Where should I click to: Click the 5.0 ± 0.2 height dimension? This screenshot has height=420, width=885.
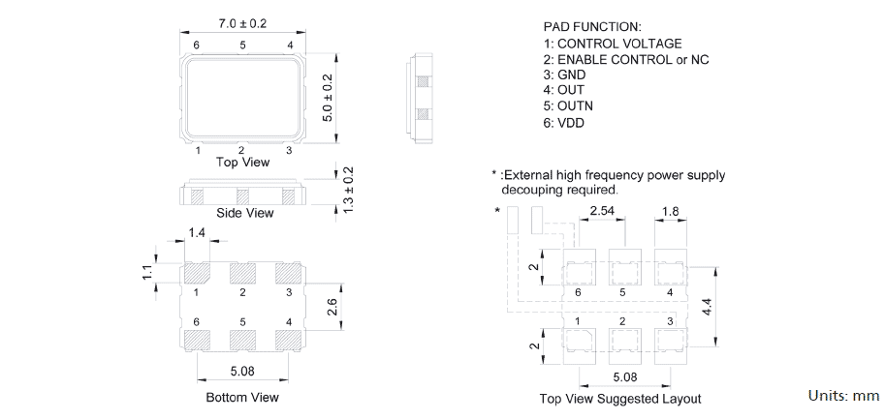tap(328, 97)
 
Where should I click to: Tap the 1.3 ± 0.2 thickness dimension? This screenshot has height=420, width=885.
tap(350, 190)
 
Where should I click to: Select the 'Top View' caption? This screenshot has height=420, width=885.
tap(242, 163)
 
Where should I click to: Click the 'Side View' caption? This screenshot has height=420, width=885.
tap(244, 213)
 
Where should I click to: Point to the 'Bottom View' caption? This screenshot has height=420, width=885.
tap(242, 398)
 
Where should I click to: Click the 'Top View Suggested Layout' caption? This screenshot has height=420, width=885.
tap(620, 399)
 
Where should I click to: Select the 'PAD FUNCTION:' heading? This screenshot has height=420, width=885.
tap(592, 27)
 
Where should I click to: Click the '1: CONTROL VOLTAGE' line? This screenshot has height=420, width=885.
tap(612, 44)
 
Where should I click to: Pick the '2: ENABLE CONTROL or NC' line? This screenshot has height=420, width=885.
tap(625, 59)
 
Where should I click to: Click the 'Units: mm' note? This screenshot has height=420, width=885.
tap(843, 396)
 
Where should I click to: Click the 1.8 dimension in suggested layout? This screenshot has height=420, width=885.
tap(670, 211)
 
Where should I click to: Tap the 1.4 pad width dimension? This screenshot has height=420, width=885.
tap(197, 233)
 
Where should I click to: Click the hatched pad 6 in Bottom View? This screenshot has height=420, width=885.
tap(198, 340)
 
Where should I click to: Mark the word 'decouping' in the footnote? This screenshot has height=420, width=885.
tap(532, 190)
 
